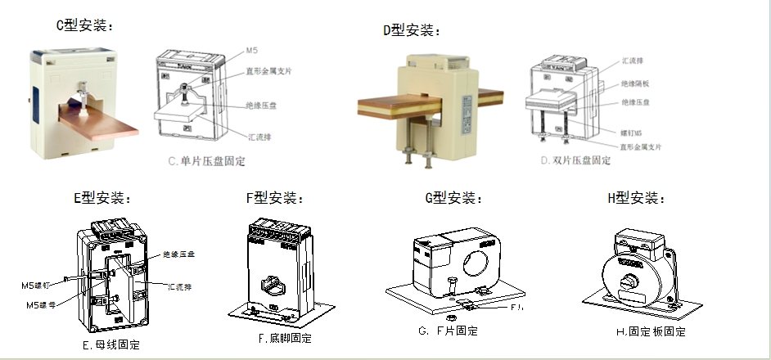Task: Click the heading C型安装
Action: (84, 25)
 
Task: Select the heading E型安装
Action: (102, 197)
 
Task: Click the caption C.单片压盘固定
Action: (207, 161)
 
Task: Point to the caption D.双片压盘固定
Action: (576, 160)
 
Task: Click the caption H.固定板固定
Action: (650, 331)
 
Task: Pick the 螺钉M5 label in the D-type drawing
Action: (633, 132)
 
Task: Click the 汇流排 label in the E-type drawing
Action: (179, 286)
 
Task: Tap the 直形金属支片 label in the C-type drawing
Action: (268, 71)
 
